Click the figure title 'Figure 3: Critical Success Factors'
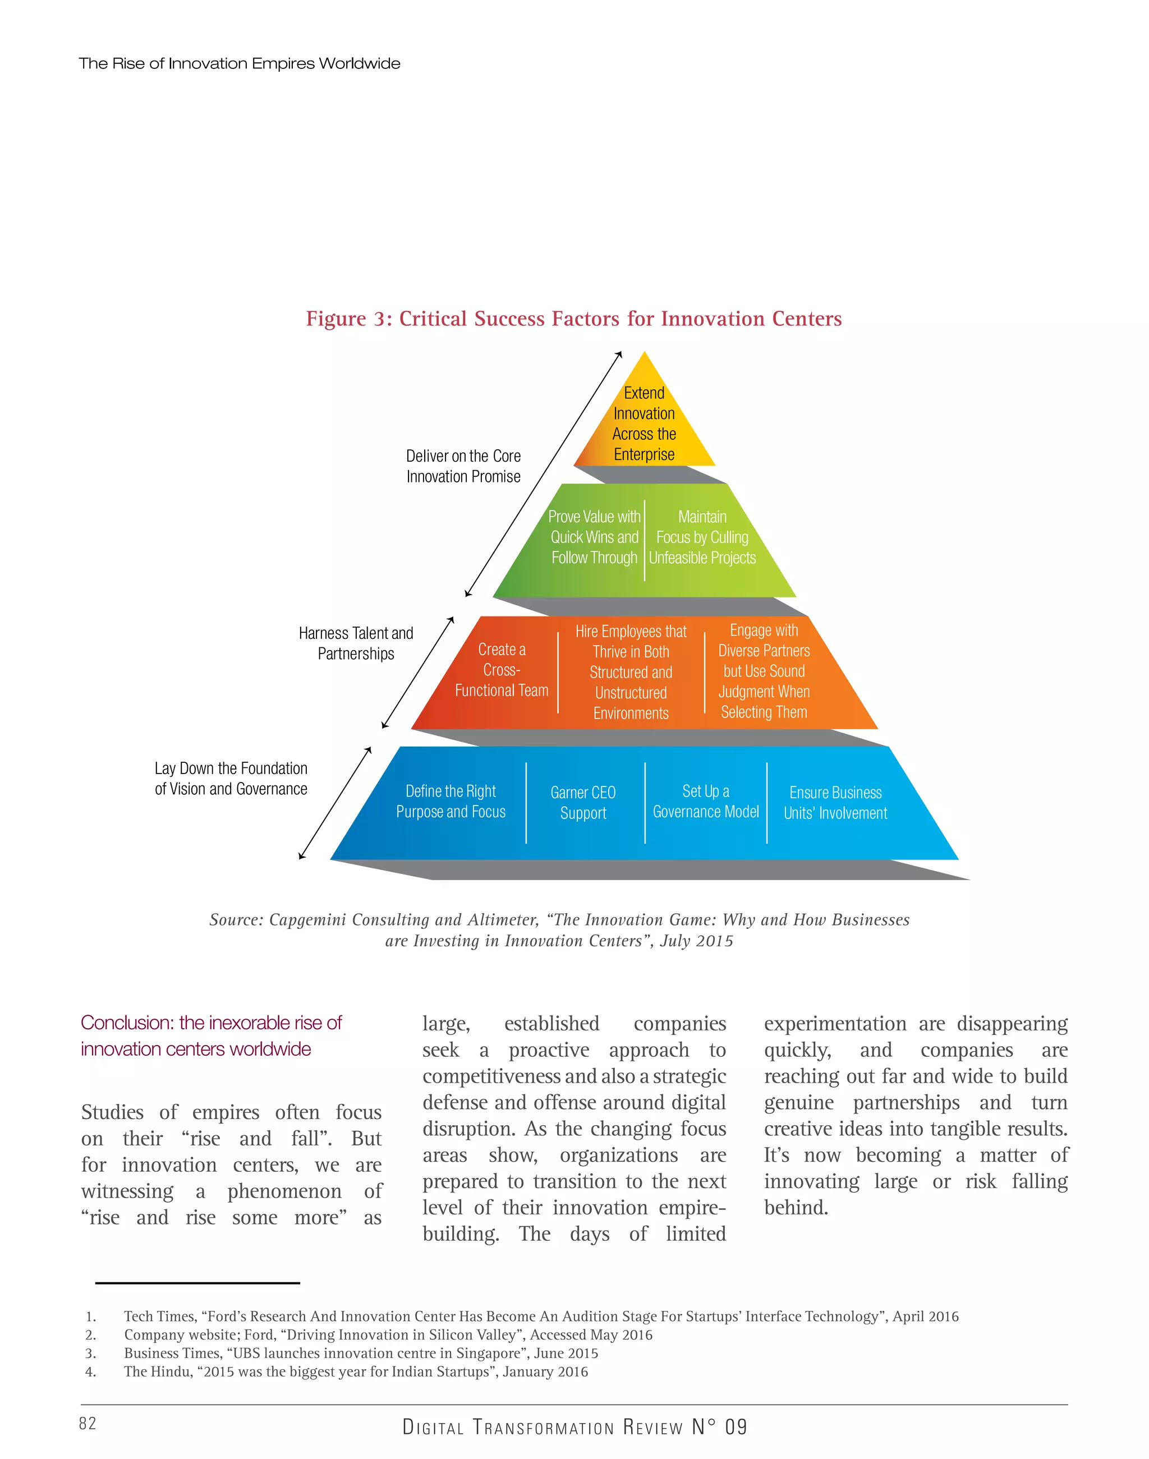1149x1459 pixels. (x=574, y=319)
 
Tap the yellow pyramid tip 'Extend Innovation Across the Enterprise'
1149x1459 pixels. (x=644, y=424)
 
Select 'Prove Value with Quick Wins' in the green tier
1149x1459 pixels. (x=594, y=537)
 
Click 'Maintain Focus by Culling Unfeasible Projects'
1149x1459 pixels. (x=702, y=537)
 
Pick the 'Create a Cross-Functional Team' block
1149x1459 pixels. (x=502, y=670)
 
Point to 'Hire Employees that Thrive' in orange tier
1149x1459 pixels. (x=631, y=672)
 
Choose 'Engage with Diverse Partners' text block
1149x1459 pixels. (x=764, y=671)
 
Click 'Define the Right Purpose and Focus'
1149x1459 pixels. (x=451, y=801)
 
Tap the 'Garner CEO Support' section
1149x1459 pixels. (x=583, y=803)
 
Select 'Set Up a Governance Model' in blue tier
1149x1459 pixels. (x=706, y=801)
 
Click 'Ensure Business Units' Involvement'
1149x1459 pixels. (x=835, y=803)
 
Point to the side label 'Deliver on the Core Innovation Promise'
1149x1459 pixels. (x=463, y=466)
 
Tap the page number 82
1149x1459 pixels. (x=88, y=1423)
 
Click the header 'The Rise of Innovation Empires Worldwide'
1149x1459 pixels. (x=240, y=64)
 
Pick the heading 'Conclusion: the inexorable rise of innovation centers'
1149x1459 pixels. (x=212, y=1036)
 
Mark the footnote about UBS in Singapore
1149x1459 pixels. (x=361, y=1353)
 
